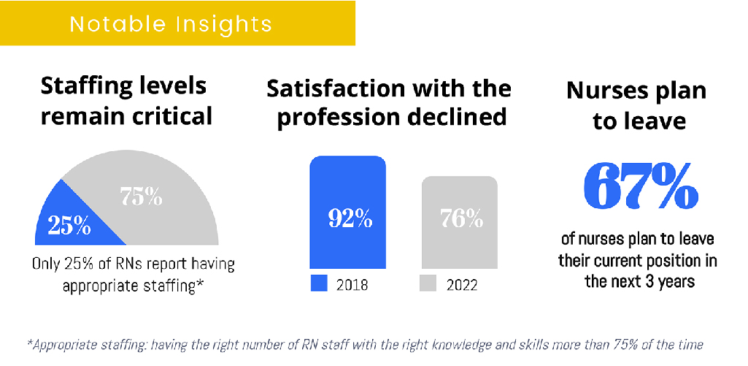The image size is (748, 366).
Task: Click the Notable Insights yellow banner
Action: [177, 23]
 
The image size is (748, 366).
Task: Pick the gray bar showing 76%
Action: [460, 223]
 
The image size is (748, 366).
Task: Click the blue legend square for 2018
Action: [319, 283]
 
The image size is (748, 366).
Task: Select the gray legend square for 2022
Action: [430, 283]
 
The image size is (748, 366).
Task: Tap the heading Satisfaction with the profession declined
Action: [388, 102]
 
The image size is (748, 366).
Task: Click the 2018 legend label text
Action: [352, 285]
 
